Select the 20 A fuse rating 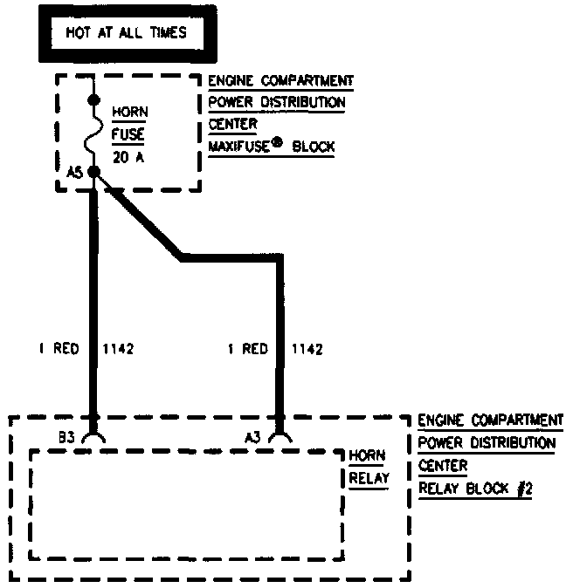128,158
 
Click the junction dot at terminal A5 93,172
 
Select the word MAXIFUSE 238,147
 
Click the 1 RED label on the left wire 58,349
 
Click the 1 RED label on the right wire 246,349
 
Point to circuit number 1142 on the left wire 118,349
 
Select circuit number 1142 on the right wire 306,349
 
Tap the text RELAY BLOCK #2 475,489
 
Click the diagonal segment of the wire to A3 140,217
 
